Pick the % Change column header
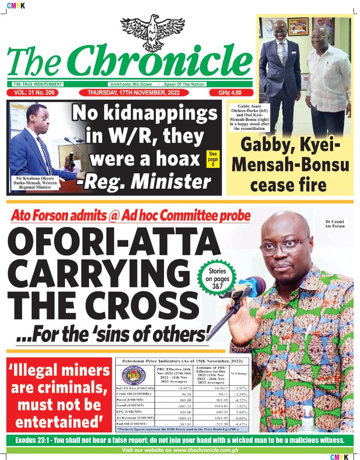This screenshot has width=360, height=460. [x=239, y=374]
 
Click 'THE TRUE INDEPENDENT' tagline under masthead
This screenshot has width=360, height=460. [x=37, y=84]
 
